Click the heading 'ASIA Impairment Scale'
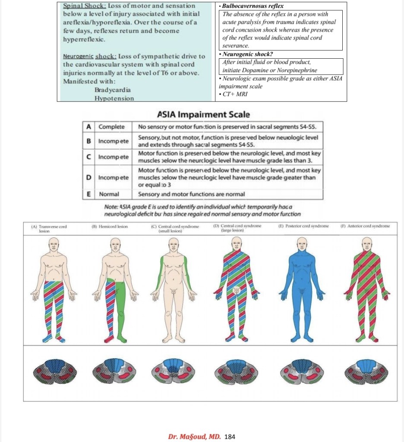tap(203, 115)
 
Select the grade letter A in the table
tap(88, 127)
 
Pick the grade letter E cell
tap(88, 194)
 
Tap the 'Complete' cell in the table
tap(111, 127)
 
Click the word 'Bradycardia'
tap(112, 90)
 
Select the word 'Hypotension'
tap(114, 98)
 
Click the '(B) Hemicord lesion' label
tap(110, 226)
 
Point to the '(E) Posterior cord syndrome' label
tap(304, 226)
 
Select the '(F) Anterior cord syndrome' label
tap(365, 226)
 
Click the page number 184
tap(230, 436)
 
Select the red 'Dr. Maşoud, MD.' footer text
tap(194, 436)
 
